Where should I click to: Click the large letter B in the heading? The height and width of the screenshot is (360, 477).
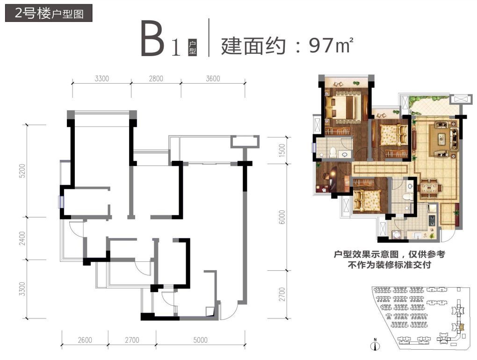coord(153,40)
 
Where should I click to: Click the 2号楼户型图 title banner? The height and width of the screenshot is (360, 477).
coord(49,13)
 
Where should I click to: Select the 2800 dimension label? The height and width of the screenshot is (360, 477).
coord(156,79)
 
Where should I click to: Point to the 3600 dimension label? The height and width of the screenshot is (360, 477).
coord(212,79)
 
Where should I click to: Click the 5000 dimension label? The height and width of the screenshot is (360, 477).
coord(200,340)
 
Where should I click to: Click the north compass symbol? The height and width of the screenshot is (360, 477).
coord(374,346)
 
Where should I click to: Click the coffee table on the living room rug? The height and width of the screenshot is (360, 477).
coord(441,139)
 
